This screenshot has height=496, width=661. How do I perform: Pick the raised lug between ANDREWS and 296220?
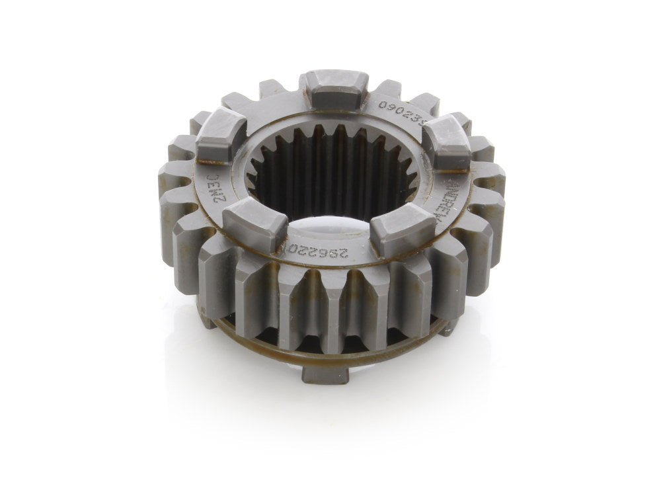tap(394, 229)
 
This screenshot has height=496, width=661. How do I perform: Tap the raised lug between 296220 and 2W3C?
tap(254, 226)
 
